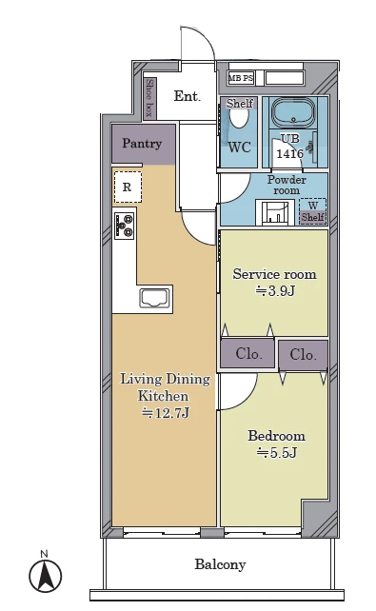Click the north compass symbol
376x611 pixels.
45,576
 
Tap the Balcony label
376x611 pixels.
220,564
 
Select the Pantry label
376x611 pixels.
142,144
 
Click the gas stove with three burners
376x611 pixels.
125,226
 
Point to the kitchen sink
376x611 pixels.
155,299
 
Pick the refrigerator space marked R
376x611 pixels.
128,187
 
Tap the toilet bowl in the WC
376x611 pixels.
239,117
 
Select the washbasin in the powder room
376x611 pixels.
274,212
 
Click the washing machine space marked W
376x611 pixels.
313,211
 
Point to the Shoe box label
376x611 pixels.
148,98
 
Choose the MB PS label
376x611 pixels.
241,78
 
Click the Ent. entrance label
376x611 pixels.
188,96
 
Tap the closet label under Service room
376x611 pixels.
249,354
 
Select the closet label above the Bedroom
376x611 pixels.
303,355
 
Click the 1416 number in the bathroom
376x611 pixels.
290,153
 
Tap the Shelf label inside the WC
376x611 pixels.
240,104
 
